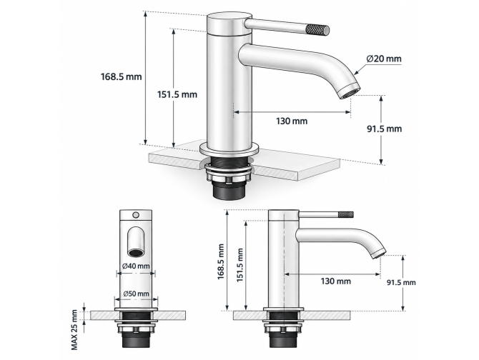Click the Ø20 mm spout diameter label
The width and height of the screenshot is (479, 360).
[384, 59]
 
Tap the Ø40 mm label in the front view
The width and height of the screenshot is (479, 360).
[136, 266]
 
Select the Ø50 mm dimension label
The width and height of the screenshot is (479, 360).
[137, 294]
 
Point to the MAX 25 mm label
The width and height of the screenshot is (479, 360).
[74, 329]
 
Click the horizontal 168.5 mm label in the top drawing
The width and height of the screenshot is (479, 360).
[122, 76]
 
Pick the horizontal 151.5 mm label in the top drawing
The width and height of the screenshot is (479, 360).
[177, 94]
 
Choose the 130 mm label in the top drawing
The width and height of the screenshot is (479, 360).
[292, 121]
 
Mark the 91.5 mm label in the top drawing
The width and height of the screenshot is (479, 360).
[385, 129]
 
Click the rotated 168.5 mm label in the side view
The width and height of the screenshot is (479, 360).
[221, 261]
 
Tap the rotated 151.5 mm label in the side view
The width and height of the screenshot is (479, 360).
[240, 265]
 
